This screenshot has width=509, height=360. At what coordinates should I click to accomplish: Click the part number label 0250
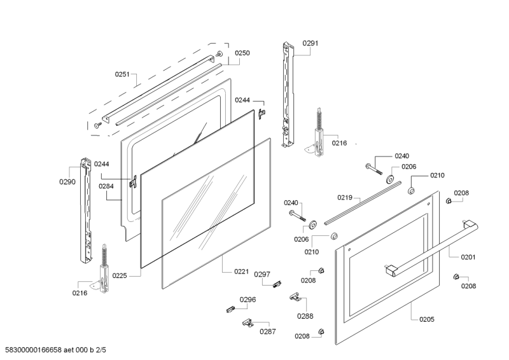pyautogui.click(x=242, y=53)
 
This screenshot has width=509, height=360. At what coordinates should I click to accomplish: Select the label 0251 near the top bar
pyautogui.click(x=122, y=74)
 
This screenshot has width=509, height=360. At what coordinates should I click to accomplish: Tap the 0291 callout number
pyautogui.click(x=310, y=43)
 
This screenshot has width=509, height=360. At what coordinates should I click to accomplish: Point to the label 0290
pyautogui.click(x=67, y=182)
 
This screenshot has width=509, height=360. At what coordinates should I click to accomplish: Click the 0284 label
pyautogui.click(x=106, y=186)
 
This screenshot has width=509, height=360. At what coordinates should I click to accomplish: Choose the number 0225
pyautogui.click(x=120, y=275)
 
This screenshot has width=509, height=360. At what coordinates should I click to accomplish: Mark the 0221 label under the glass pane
pyautogui.click(x=241, y=272)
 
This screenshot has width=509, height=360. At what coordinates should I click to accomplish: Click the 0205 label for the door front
pyautogui.click(x=427, y=319)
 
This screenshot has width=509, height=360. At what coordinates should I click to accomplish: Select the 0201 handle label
pyautogui.click(x=468, y=257)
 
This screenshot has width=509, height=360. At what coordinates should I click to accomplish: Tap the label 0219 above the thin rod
pyautogui.click(x=345, y=197)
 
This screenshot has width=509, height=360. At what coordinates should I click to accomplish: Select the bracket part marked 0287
pyautogui.click(x=248, y=323)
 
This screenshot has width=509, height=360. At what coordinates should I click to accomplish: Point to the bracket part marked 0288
pyautogui.click(x=294, y=296)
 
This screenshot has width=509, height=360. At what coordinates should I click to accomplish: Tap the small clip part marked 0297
pyautogui.click(x=276, y=284)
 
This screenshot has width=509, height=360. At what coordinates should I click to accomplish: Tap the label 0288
pyautogui.click(x=305, y=315)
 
